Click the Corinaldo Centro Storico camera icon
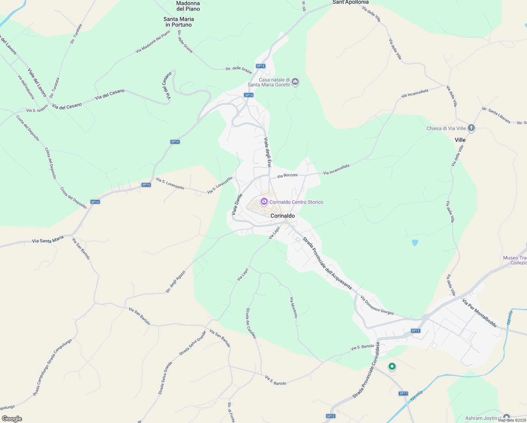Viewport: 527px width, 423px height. pos(264,202)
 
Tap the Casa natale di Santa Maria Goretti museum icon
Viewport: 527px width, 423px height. pos(295,82)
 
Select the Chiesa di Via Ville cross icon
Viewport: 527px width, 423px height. pos(471,128)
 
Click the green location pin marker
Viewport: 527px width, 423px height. pos(392,367)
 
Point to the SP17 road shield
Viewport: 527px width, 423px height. pos(403,393)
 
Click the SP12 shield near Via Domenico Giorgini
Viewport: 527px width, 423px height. pos(416,331)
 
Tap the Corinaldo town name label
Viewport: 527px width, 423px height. pos(283,216)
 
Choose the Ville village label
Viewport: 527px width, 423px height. pos(460,140)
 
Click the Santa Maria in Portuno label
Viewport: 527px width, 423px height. pos(179,22)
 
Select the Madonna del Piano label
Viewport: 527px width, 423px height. pos(188,6)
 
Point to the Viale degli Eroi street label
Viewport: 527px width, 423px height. pos(268,152)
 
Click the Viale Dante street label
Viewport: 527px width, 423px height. pos(237,204)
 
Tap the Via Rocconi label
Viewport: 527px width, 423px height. pos(287,175)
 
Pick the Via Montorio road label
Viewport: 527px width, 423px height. pos(294,307)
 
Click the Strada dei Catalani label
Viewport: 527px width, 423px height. pos(251,323)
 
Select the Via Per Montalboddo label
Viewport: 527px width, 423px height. pos(479,313)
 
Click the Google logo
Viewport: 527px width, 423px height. pos(12,419)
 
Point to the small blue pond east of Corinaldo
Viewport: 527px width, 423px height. pos(415,243)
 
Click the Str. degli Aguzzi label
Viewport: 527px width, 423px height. pos(175,282)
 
